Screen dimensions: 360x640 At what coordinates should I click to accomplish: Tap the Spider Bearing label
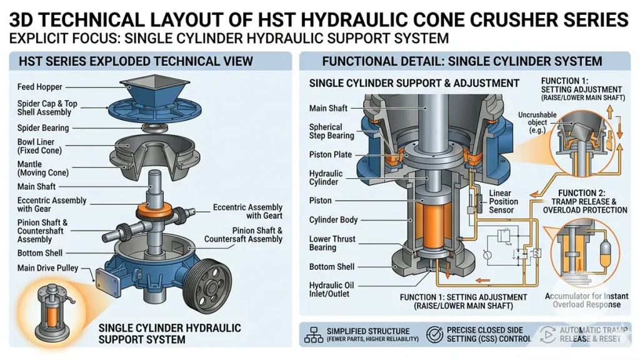coord(43,128)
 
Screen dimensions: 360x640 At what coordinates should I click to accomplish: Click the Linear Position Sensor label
coord(504,201)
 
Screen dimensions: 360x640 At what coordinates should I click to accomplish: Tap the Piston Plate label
coord(331,154)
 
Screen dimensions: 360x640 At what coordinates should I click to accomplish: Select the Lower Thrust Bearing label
coord(332,244)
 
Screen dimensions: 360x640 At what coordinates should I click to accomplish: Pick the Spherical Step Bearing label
coord(331,131)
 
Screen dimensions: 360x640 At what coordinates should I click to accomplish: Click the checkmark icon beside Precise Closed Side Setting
coord(434,334)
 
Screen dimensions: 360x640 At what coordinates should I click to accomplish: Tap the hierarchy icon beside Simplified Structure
coord(312,334)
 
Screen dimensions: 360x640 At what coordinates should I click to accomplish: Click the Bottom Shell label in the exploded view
coord(40,253)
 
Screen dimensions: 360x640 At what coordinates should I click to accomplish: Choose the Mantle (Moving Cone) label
coord(43,167)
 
